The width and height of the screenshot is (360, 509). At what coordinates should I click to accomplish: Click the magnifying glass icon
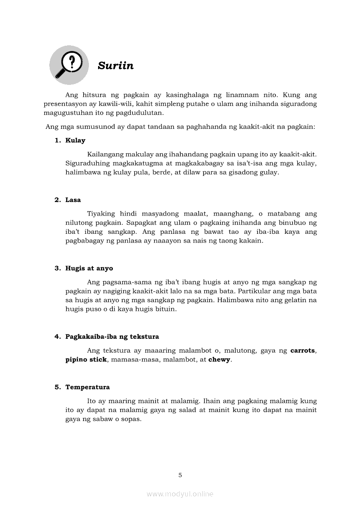tap(68, 65)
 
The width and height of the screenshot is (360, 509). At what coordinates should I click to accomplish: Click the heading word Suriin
tap(115, 66)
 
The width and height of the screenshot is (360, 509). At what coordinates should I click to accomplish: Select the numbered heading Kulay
tap(75, 140)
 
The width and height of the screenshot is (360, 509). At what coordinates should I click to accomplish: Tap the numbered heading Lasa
tap(73, 200)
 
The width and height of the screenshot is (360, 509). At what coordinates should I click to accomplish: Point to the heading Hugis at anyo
tap(89, 268)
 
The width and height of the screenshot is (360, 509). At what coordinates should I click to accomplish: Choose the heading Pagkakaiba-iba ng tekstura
tap(112, 337)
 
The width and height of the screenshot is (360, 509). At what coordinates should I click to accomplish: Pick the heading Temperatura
tap(88, 387)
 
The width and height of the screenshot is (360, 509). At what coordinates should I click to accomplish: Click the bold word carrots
tap(303, 351)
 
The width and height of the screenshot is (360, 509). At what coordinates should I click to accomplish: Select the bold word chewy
tap(219, 360)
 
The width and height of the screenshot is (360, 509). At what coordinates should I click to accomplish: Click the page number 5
tap(180, 475)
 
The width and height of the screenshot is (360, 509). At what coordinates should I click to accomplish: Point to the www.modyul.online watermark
tap(180, 494)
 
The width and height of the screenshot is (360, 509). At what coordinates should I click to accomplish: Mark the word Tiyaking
tap(101, 214)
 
